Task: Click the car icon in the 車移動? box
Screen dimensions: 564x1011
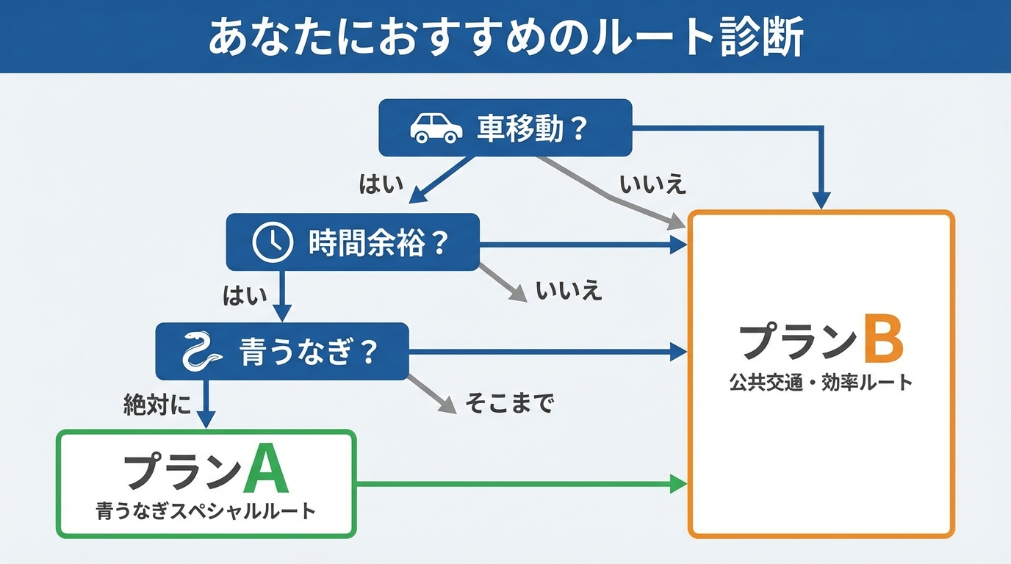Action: (x=436, y=128)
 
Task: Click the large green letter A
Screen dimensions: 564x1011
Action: (x=265, y=470)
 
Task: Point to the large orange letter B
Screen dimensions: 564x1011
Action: (x=882, y=339)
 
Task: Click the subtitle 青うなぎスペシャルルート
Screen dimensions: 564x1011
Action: (x=206, y=511)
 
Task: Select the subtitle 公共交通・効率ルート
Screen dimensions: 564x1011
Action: (x=821, y=382)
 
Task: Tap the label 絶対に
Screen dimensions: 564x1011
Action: (x=156, y=405)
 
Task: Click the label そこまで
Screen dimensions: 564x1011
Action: (x=508, y=402)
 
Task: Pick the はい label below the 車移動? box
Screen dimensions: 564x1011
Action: (x=381, y=184)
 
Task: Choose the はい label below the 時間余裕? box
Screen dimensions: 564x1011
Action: (x=245, y=295)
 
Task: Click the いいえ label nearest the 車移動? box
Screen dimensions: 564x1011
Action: (x=652, y=184)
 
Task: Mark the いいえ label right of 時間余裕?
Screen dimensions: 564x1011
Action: (x=569, y=291)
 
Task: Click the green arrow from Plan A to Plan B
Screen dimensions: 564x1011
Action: (x=514, y=484)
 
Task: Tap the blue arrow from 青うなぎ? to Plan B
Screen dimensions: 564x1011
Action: (x=544, y=352)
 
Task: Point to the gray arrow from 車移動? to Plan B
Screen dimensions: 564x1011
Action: (x=610, y=195)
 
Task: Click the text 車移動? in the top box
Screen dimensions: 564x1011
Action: (x=532, y=129)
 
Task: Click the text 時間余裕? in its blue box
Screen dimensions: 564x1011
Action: (x=378, y=242)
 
